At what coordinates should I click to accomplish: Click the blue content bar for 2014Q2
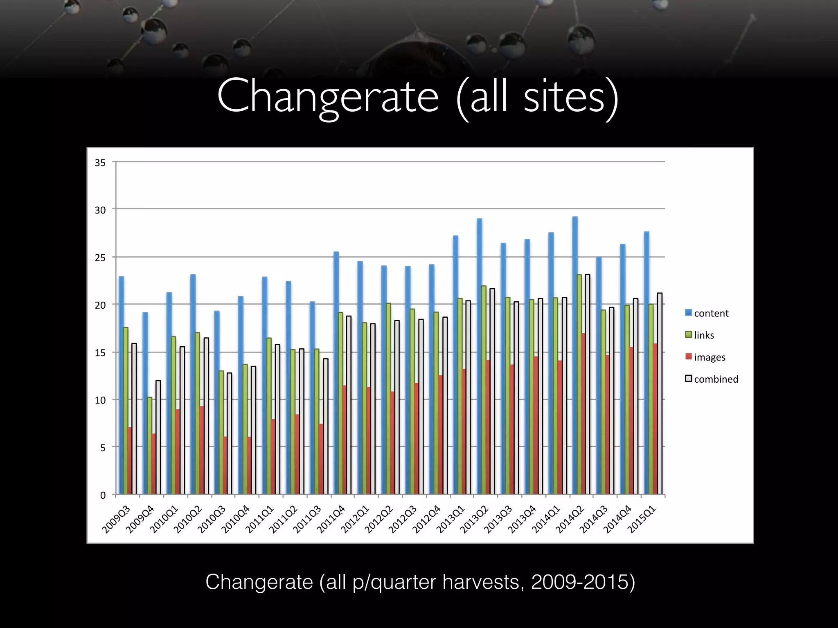pos(575,356)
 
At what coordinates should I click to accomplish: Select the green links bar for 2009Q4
pos(149,446)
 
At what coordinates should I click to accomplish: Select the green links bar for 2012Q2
pos(388,399)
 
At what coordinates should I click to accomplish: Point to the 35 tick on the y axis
pos(100,163)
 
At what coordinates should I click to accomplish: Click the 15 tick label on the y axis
pos(100,353)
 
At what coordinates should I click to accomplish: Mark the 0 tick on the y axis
pos(103,495)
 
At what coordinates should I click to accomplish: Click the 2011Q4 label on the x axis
pos(331,520)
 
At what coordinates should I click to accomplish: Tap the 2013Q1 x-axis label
pos(451,520)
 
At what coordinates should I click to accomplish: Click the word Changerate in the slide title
pos(328,96)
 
